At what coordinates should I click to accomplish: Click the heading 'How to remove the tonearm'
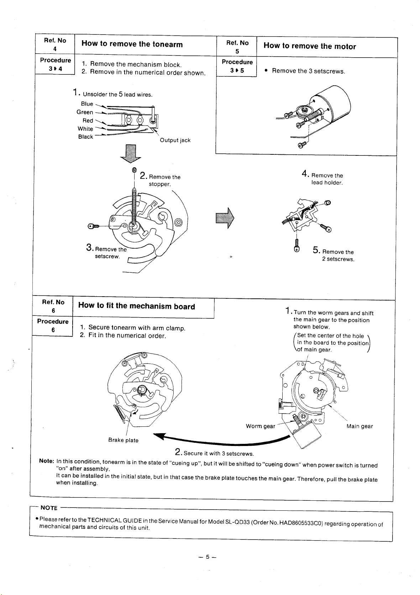[132, 44]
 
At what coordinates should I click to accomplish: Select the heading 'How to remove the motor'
[310, 46]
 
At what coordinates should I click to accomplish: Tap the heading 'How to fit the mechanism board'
[136, 306]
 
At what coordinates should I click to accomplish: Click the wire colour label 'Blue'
[87, 104]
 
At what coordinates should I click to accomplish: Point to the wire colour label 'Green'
[85, 112]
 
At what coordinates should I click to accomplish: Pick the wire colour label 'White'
[85, 129]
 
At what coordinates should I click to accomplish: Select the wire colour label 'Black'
[85, 137]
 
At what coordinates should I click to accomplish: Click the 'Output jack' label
[175, 140]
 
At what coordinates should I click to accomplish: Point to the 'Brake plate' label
[123, 440]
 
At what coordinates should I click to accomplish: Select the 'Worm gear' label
[260, 426]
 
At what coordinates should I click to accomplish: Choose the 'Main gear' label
[359, 426]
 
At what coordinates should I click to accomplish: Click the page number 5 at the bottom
[207, 557]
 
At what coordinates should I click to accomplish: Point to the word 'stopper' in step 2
[159, 184]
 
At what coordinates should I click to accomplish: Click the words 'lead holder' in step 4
[327, 183]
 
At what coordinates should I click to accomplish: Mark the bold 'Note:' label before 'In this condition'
[46, 461]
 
